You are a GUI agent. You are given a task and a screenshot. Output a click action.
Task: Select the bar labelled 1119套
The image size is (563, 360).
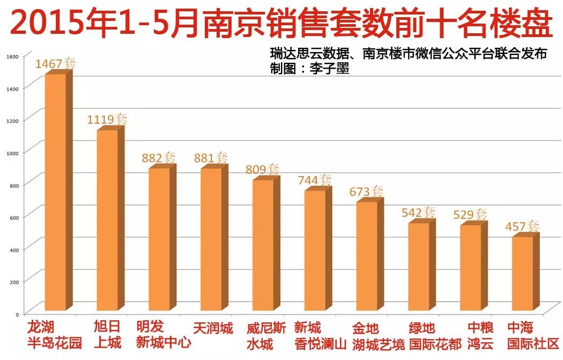(x=107, y=220)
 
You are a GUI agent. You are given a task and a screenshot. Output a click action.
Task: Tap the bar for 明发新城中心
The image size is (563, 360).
(x=159, y=239)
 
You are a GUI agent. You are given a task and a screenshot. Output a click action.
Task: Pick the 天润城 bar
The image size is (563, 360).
(x=211, y=239)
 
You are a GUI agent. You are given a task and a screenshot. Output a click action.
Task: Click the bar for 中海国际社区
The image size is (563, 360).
(x=523, y=273)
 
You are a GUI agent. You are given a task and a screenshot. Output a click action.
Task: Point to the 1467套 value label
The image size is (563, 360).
(x=55, y=64)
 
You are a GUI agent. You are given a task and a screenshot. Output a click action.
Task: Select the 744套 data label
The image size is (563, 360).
(x=314, y=180)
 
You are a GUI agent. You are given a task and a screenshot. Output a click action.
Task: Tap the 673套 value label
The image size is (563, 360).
(x=366, y=192)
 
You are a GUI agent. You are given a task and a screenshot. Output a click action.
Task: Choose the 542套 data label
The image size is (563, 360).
(x=418, y=212)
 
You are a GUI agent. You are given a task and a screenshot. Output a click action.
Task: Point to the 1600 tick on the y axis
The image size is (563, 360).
(x=12, y=56)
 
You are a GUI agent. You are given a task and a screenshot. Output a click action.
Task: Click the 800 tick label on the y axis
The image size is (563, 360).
(x=13, y=185)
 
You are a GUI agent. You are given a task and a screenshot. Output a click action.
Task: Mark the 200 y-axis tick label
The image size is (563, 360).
(x=13, y=282)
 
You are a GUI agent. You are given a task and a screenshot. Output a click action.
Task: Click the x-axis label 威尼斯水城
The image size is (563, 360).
(x=263, y=335)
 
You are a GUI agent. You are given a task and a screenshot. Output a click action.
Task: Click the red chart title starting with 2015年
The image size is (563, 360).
(x=281, y=24)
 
